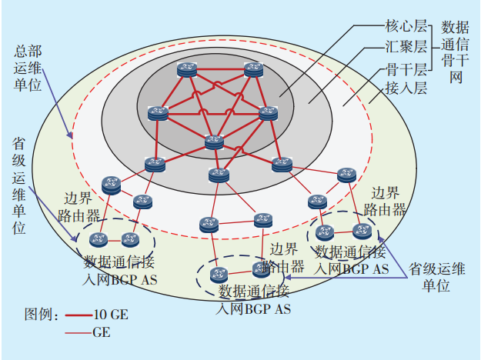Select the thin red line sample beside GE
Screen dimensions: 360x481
click(x=78, y=333)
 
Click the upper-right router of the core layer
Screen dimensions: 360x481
click(x=253, y=70)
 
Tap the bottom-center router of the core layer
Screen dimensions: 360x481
click(x=214, y=142)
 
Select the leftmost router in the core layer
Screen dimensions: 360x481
click(x=158, y=112)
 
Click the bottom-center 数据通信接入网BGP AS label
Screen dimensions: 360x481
click(x=254, y=300)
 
